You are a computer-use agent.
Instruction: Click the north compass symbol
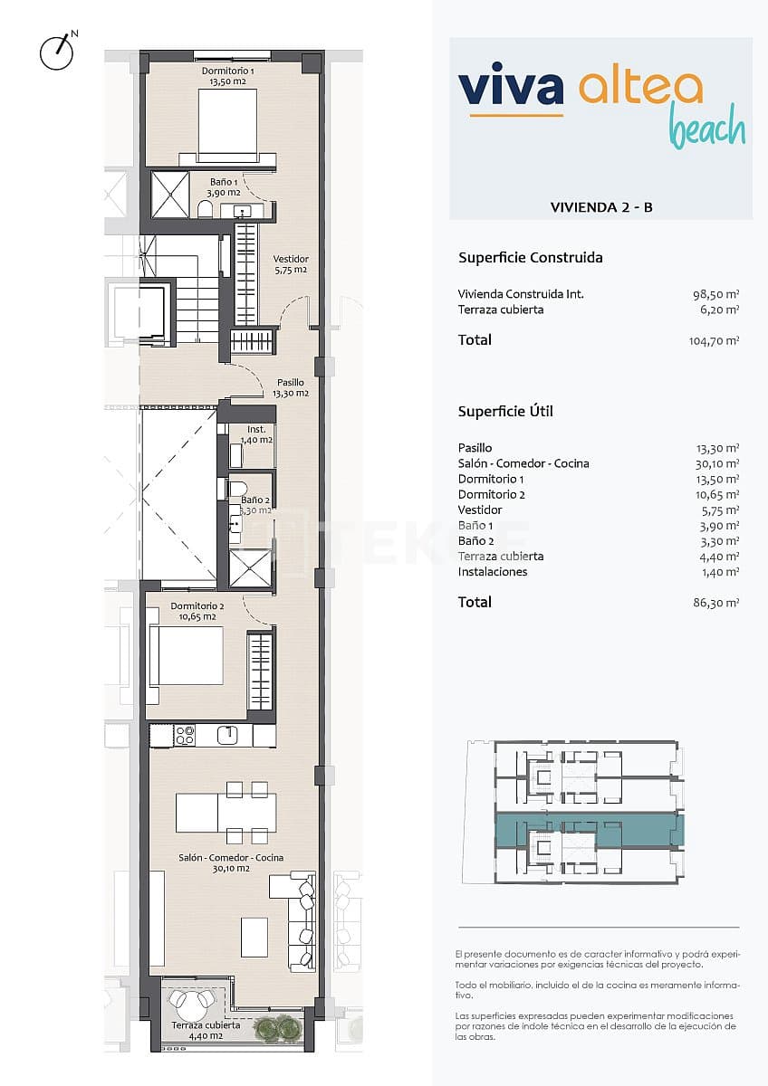[x=56, y=52]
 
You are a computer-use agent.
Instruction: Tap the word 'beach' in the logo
[x=707, y=130]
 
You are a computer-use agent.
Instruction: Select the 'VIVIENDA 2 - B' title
[x=601, y=207]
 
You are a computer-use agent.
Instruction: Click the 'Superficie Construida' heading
[x=531, y=258]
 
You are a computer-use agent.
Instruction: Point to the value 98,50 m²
[x=715, y=294]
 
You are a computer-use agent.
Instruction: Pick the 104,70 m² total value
[x=715, y=341]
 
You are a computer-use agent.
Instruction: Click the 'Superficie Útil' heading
[x=505, y=412]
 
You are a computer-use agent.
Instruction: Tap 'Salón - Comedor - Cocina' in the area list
[x=523, y=463]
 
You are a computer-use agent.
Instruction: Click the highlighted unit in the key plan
[x=589, y=830]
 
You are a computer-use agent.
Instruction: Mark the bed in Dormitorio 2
[x=187, y=655]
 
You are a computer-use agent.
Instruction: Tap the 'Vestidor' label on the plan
[x=291, y=259]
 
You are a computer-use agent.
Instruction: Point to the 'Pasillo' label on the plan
[x=291, y=383]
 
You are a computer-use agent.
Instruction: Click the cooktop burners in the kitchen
[x=185, y=736]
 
